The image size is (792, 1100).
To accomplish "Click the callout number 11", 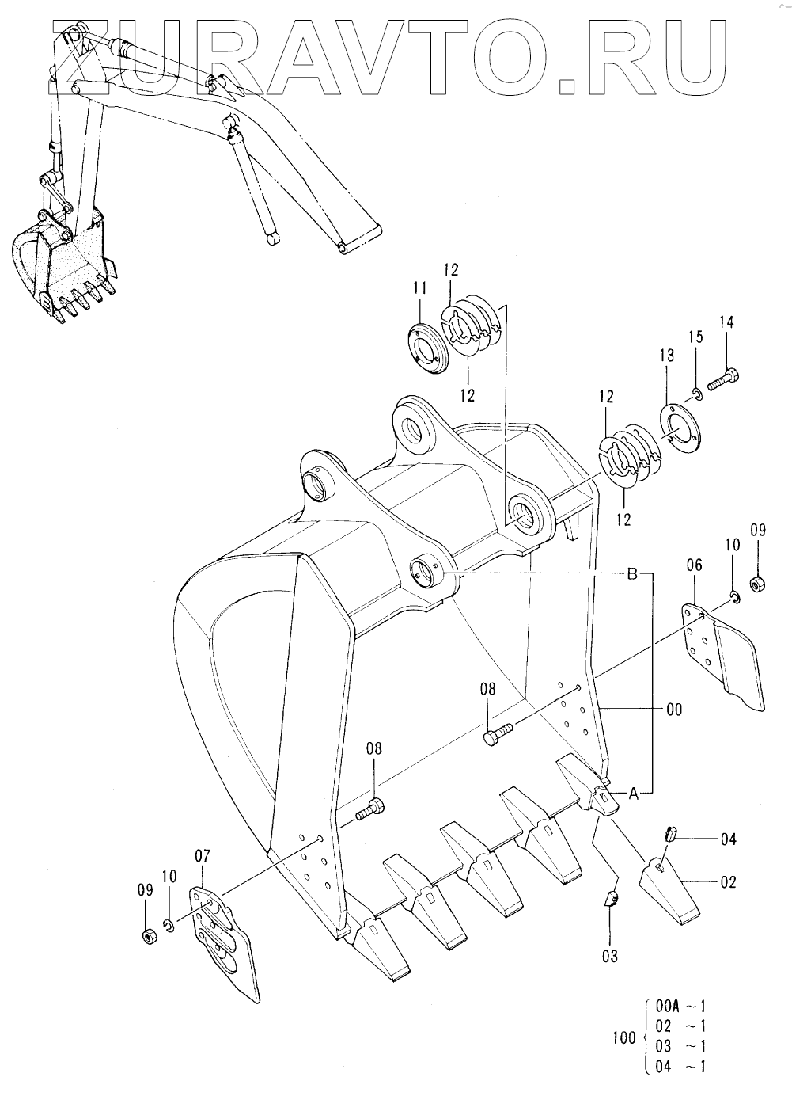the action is pos(420,287).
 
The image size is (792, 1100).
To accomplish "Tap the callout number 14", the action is pos(726,322).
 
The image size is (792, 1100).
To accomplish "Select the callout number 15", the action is pos(695,337).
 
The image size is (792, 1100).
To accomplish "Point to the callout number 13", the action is pos(667,355).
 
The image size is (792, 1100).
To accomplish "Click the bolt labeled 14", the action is pos(724,379).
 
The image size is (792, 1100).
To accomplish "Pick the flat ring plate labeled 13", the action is pos(680,425).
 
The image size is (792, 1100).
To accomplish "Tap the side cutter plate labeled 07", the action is pos(223,939).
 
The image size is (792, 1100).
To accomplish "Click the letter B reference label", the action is pos(633,573).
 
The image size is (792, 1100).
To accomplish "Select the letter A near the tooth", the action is pos(634,794).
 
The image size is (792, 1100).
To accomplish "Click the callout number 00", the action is pos(675,710).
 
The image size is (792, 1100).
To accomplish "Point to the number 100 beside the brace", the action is pos(625,1037).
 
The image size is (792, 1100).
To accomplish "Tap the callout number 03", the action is pos(609,956).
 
